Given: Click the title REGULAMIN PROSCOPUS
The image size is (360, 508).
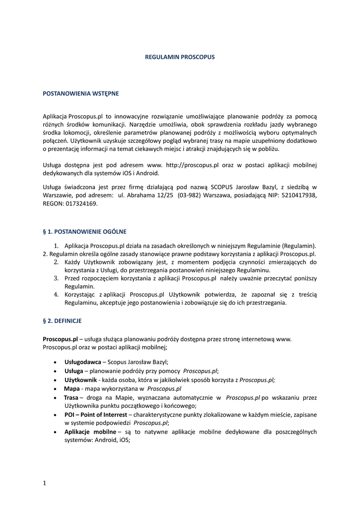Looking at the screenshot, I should click(180, 57).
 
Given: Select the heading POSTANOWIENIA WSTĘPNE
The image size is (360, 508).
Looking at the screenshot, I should click(80, 93).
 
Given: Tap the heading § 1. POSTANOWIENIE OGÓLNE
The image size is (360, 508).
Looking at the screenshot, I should click(84, 231).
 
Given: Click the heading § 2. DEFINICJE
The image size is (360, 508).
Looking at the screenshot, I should click(62, 321).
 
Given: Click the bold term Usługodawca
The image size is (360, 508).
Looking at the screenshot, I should click(82, 362).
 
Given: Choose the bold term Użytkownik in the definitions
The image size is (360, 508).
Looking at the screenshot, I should click(80, 380).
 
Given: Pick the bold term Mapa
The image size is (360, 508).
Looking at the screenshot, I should click(72, 389).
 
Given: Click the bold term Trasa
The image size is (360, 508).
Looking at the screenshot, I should click(71, 398).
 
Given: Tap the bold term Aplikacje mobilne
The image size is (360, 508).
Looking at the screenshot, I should click(90, 432).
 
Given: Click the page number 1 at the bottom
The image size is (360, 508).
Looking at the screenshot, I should click(44, 483).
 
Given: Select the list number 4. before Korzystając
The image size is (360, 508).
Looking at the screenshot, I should click(57, 295).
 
